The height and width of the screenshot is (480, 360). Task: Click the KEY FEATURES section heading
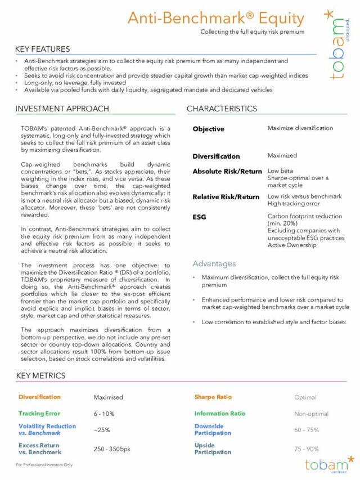click(43, 49)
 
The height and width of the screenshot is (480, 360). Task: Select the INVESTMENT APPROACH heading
click(62, 109)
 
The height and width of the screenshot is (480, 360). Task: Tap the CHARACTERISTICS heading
click(222, 109)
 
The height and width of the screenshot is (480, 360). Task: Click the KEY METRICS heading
click(40, 375)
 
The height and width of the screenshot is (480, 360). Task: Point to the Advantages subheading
click(214, 263)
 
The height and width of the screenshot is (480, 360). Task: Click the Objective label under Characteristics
click(208, 129)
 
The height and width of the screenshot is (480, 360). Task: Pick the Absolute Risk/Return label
click(227, 172)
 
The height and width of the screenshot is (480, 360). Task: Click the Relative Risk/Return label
click(226, 197)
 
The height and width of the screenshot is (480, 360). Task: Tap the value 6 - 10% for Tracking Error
click(104, 414)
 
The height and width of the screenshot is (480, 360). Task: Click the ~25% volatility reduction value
click(102, 430)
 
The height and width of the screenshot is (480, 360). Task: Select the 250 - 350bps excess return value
click(111, 449)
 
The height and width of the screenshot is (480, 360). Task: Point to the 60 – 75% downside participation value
click(307, 430)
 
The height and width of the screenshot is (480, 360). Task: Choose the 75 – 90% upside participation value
click(307, 449)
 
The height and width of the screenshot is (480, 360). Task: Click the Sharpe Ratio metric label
click(213, 397)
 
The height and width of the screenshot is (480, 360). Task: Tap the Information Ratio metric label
click(219, 414)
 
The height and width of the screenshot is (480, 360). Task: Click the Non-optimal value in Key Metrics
click(311, 414)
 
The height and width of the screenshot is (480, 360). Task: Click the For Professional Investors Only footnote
click(44, 465)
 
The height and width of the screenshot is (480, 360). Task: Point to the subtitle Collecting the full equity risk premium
click(252, 32)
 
